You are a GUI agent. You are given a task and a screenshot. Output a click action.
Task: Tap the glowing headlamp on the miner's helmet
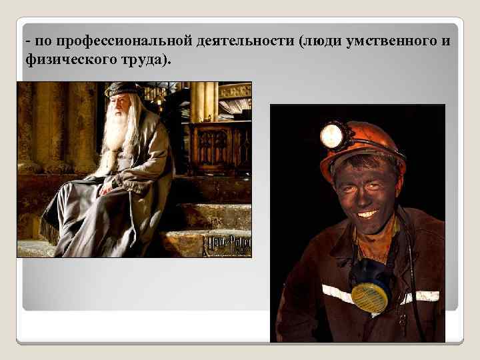(x=331, y=136)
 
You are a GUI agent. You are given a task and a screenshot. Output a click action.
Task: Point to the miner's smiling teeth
(x=367, y=214)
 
